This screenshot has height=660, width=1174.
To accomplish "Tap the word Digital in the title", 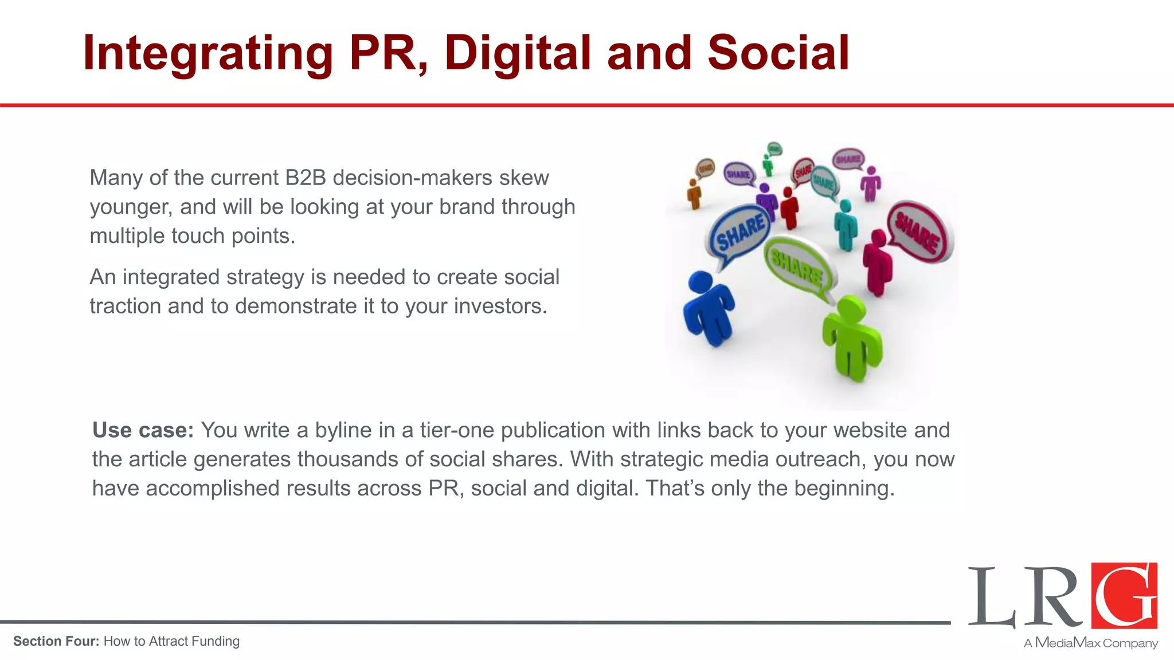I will tap(517, 53).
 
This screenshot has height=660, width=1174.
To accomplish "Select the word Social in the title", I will tap(778, 53).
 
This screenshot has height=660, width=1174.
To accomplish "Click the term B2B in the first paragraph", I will tap(305, 178).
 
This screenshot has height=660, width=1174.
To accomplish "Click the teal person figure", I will tap(845, 225).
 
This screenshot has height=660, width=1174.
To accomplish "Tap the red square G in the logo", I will tap(1124, 595).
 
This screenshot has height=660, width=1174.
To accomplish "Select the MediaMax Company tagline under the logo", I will tap(1090, 643).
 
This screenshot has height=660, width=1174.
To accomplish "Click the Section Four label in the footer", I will tap(56, 641).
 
